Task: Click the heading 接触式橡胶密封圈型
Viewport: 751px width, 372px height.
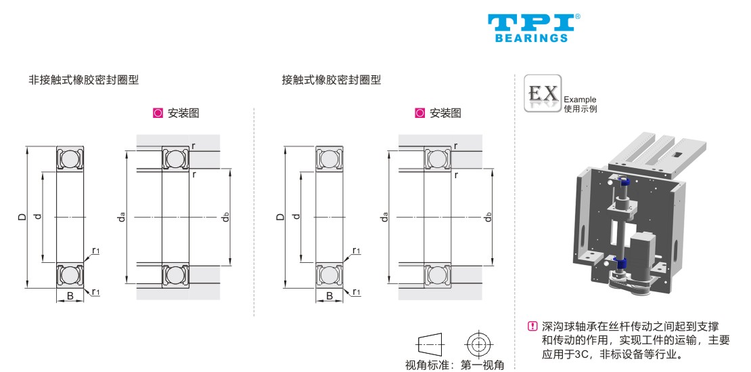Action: pyautogui.click(x=332, y=80)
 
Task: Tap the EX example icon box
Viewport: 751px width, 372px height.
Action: pyautogui.click(x=543, y=94)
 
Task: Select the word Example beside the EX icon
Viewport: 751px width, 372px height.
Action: pyautogui.click(x=580, y=100)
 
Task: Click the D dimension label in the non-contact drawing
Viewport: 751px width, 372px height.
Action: pyautogui.click(x=21, y=218)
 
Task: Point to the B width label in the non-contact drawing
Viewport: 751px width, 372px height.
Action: pyautogui.click(x=70, y=295)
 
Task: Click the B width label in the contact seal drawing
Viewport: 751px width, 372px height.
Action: pyautogui.click(x=329, y=295)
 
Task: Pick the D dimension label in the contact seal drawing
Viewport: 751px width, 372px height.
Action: pyautogui.click(x=280, y=218)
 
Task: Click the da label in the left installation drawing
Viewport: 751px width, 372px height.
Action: pyautogui.click(x=121, y=218)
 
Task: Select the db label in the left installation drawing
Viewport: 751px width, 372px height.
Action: pyautogui.click(x=226, y=218)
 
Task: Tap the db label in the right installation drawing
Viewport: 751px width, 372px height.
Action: pyautogui.click(x=488, y=218)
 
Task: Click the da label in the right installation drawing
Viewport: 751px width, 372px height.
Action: pyautogui.click(x=384, y=218)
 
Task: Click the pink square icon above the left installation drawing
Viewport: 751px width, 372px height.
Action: pyautogui.click(x=158, y=113)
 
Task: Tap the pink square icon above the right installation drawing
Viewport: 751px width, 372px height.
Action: pyautogui.click(x=419, y=113)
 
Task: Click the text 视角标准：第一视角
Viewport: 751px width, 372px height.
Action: pyautogui.click(x=455, y=365)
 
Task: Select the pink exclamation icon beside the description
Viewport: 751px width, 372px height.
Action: pyautogui.click(x=532, y=326)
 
